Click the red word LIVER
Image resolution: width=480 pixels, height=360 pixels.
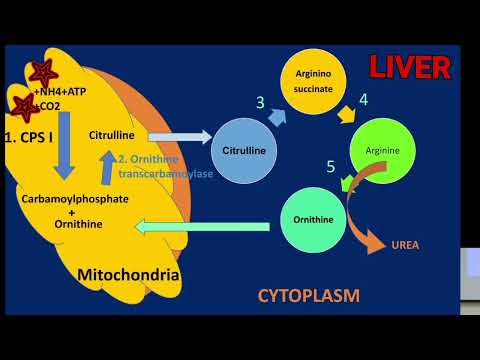410,67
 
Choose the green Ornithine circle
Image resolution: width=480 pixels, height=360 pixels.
316,219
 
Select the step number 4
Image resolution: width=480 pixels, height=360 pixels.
364,100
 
